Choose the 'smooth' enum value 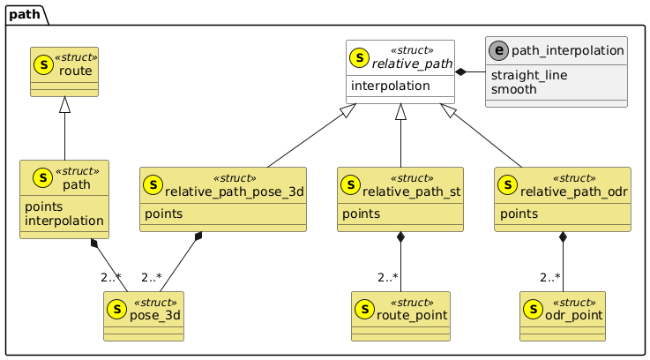click(x=513, y=89)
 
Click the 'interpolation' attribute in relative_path click(x=391, y=86)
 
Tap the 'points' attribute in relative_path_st click(x=361, y=214)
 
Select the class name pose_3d click(x=156, y=315)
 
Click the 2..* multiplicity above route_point click(x=390, y=278)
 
